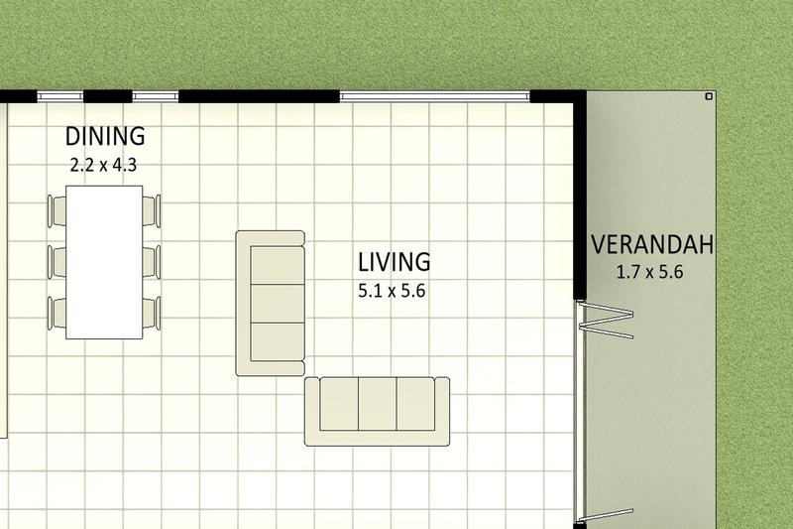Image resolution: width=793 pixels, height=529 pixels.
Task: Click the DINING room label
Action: [x=105, y=136]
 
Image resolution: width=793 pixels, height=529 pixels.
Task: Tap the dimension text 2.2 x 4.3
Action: [x=103, y=165]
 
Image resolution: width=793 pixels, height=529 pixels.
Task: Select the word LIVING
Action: [x=395, y=262]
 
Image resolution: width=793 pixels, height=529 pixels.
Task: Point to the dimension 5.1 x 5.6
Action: [x=392, y=292]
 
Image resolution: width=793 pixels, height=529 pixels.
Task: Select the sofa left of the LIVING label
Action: [x=270, y=303]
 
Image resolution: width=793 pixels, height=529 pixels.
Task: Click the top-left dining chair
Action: [x=56, y=210]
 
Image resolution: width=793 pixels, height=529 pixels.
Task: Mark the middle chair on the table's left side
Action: [x=56, y=261]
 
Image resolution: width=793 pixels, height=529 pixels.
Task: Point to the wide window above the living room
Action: [x=435, y=95]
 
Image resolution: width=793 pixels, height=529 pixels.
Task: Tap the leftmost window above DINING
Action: [x=60, y=96]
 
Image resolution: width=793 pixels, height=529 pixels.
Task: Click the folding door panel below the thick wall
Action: [x=605, y=320]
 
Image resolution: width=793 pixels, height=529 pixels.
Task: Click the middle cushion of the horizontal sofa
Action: [x=377, y=405]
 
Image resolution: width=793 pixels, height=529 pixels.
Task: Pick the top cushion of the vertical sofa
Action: [x=277, y=265]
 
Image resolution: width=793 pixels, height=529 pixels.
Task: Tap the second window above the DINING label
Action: [x=155, y=96]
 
